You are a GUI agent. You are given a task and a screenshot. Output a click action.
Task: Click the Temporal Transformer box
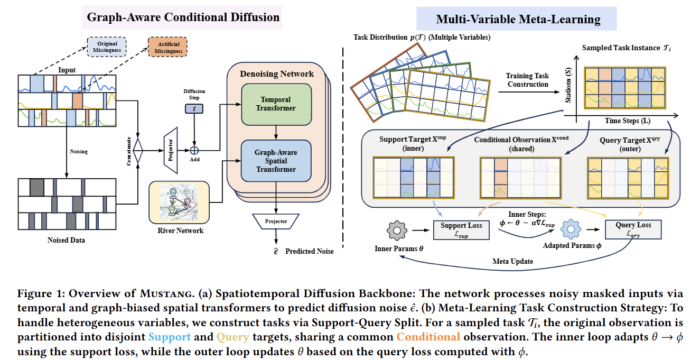coord(276,104)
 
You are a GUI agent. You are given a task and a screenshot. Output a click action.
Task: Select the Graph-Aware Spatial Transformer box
coord(276,161)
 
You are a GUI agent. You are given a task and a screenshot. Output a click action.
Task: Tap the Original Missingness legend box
coord(107,47)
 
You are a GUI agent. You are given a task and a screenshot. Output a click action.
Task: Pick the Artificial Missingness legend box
coord(167,47)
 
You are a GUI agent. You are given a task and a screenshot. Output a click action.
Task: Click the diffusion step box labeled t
coord(194,108)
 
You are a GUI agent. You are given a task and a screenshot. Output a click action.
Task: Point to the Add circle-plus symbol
coord(194,151)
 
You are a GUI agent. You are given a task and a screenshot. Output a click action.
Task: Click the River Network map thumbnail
coord(179,202)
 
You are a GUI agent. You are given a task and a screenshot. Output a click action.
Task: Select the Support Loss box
coord(461,230)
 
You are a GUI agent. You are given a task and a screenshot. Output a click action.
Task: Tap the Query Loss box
coord(633,229)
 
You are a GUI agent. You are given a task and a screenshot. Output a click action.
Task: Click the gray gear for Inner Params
coord(397,230)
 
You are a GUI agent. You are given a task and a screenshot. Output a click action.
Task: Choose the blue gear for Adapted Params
coord(571,229)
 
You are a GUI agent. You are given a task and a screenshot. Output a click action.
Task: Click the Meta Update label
coord(513,261)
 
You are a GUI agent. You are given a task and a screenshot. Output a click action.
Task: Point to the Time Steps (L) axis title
coord(628,121)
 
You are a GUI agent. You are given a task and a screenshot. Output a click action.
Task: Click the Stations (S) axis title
coord(568,85)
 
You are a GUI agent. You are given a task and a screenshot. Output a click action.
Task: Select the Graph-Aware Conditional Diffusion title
coord(183,17)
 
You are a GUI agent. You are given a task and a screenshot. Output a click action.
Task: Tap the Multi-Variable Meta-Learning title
coord(518,19)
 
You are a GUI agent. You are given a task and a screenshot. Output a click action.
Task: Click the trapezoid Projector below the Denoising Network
coord(276,221)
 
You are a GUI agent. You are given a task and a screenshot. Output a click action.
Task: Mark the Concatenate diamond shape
coord(138,151)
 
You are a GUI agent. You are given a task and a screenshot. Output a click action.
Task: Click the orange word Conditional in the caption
coord(428,337)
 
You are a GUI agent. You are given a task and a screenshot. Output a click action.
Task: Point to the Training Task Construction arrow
coord(529,92)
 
